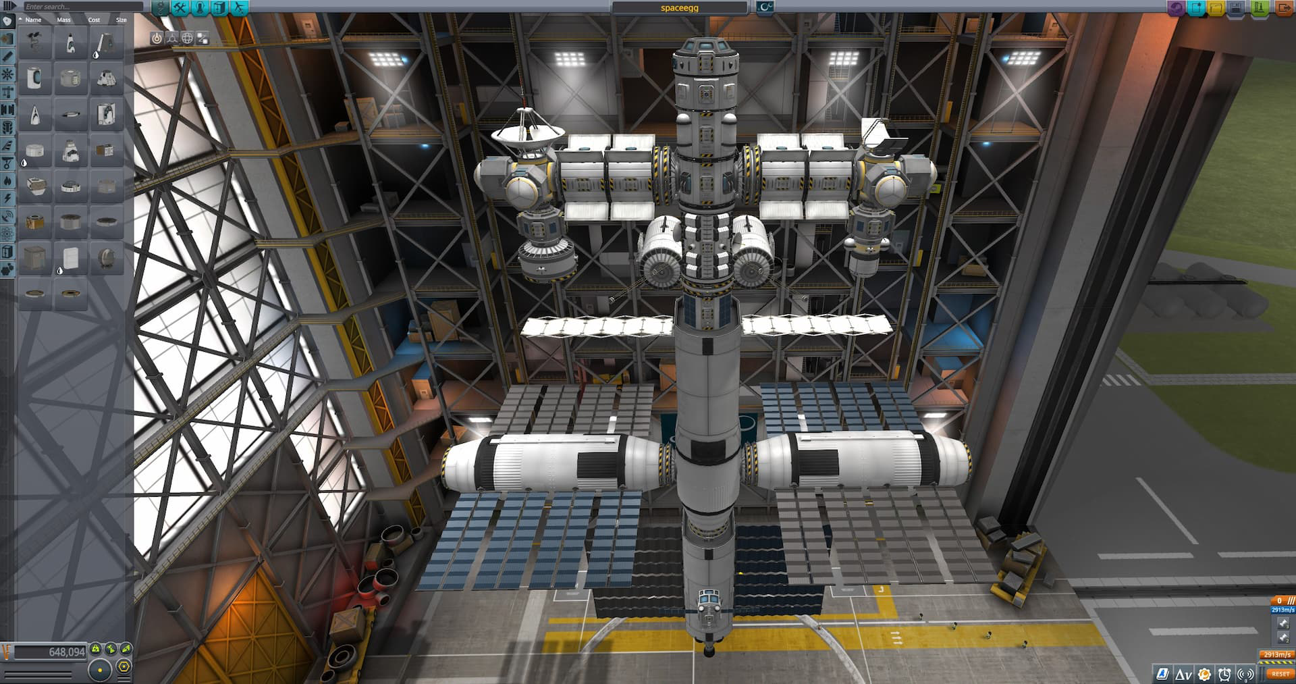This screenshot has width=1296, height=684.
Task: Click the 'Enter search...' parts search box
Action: click(81, 7)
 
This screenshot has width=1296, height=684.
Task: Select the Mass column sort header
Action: click(63, 20)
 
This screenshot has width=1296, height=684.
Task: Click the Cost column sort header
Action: click(94, 20)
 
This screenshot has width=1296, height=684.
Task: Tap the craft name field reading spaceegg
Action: click(679, 7)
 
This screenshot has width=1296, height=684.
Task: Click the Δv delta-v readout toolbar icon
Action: click(1183, 674)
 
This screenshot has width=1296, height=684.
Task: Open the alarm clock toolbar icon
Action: click(1224, 674)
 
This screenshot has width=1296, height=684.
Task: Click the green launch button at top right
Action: click(1260, 8)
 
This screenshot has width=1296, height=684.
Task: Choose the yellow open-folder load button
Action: click(1216, 8)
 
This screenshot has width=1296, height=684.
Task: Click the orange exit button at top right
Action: click(1283, 8)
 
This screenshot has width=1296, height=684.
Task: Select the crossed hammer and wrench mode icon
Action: click(180, 8)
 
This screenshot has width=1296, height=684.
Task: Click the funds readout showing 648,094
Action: click(51, 652)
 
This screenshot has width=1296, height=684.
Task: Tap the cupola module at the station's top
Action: click(705, 53)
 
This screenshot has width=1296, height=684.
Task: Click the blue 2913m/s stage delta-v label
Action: click(1282, 610)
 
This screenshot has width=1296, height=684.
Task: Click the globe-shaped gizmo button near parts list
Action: click(187, 38)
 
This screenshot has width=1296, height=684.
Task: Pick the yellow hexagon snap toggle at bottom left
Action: click(124, 667)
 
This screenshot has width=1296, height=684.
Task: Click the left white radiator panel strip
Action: click(597, 327)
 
